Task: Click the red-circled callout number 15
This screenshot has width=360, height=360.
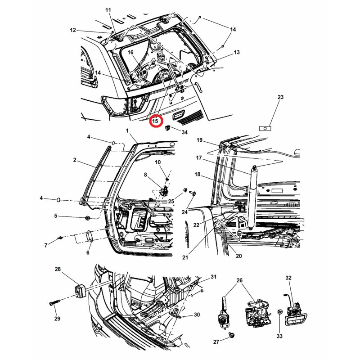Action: coord(155,121)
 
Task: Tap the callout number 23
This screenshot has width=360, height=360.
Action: coord(280,97)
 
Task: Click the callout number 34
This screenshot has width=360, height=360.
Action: coord(184,132)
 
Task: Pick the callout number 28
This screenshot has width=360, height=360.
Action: coord(58,269)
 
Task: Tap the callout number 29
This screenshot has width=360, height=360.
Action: coord(58,319)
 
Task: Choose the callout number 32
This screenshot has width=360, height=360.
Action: coord(288,278)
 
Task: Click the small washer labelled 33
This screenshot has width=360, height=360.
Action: coord(279,312)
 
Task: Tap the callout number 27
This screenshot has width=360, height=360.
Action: coord(216,342)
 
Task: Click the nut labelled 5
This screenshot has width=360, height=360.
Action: coord(87,218)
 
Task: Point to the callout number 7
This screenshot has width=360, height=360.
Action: coord(45,245)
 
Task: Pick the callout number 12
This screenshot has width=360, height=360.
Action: coord(73,30)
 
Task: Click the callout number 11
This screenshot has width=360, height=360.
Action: coord(108,10)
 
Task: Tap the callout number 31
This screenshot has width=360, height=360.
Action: coord(213,276)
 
